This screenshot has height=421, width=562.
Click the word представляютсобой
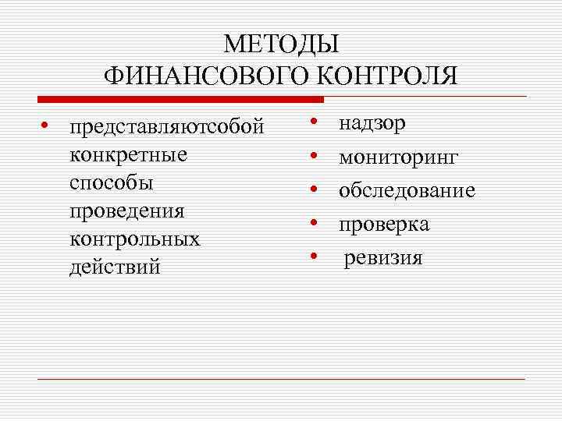coord(167,127)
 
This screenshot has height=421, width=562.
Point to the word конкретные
coord(129,154)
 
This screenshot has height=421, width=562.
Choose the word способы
coord(112,183)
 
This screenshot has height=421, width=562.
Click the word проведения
coord(127,211)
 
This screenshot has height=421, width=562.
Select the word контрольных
coord(135,239)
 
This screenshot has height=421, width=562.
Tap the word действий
coord(115,267)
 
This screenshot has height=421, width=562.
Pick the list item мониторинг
coord(398,158)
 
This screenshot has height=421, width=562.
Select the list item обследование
coord(407,191)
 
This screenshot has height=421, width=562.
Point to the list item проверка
coord(383,225)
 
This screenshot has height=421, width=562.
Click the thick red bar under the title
coord(180,99)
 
